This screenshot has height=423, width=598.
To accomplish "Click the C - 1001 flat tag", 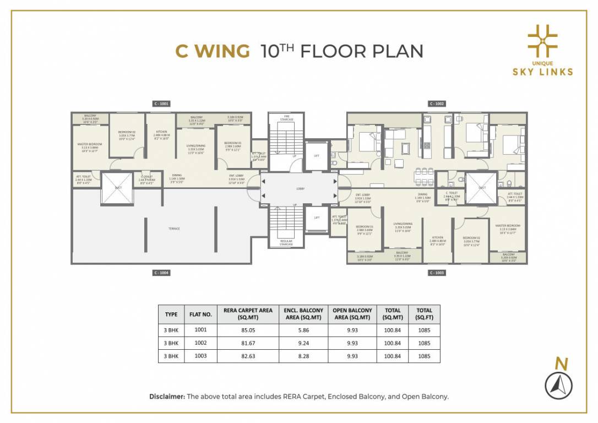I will tap(161, 104).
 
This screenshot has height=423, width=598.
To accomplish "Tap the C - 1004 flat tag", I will tap(161, 273).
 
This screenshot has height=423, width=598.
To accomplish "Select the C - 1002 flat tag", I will tap(437, 104).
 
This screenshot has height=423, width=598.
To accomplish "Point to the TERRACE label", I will tap(175, 228).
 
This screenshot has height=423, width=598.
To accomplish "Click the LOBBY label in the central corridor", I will tap(300, 189).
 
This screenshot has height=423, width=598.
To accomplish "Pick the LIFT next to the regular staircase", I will tap(317, 218).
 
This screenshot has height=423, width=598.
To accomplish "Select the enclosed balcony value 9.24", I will tap(304, 343).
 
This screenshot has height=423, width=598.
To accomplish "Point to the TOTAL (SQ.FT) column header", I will tap(424, 314).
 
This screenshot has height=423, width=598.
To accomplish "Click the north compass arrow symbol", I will tap(558, 386).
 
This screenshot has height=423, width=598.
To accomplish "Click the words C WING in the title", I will tap(212, 51).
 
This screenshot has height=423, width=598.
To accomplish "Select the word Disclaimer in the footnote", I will tap(167, 397).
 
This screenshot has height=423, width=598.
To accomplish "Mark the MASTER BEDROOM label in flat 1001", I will tap(90, 144).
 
